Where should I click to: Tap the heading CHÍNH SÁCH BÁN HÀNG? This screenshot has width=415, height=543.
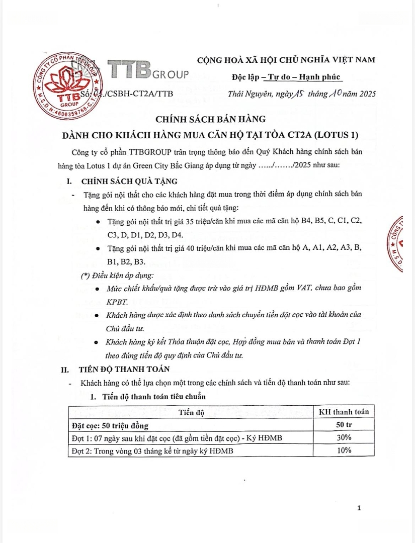tap(210, 119)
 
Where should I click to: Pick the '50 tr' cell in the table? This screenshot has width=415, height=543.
tap(345, 425)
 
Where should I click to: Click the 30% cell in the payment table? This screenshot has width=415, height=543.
tap(345, 438)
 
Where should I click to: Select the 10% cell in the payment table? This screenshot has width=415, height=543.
tap(345, 450)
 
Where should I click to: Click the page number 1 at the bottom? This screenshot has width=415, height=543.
tap(359, 508)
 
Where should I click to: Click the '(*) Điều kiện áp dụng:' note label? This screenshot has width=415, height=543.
tap(117, 275)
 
